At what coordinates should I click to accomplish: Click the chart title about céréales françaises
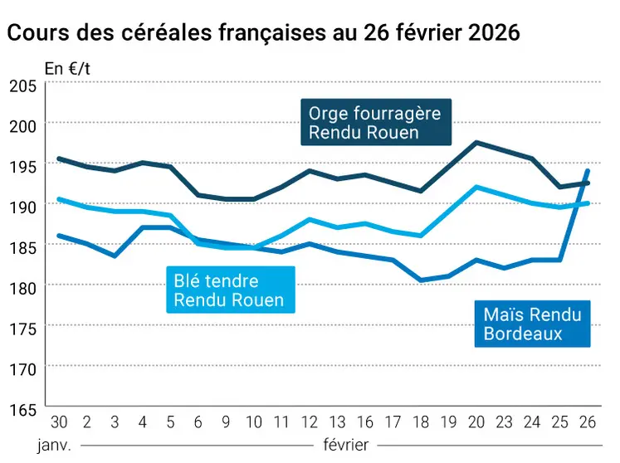(x=263, y=33)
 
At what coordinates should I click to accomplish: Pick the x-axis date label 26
(x=588, y=422)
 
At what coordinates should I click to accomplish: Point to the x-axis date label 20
(x=476, y=422)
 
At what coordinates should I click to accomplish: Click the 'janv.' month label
(x=55, y=444)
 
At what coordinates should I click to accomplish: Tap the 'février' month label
(x=345, y=444)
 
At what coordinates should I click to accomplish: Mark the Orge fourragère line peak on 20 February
(x=476, y=142)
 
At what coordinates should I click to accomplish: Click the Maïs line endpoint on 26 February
(x=588, y=171)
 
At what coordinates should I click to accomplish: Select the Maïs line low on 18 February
(x=420, y=280)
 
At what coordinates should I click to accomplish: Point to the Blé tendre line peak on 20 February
(x=476, y=187)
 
